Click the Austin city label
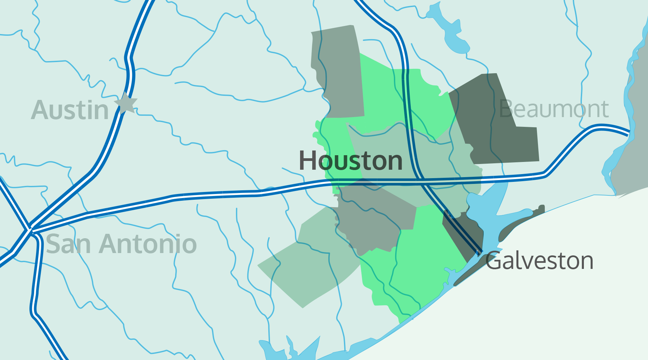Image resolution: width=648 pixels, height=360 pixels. pos(70,110)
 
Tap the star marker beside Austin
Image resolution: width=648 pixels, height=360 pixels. pos(126,103)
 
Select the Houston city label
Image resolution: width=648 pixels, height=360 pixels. pos(351,161)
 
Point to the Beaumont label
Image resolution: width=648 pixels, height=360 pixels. pos(554,109)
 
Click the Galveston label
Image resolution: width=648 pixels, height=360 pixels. pos(539,261)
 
